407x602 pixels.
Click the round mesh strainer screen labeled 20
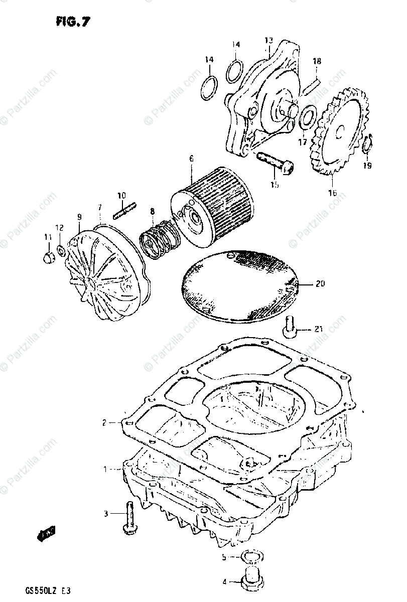coord(239,286)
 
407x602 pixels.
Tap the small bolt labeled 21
coord(290,326)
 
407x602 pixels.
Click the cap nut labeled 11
coord(48,257)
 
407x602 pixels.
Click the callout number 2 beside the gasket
coord(104,423)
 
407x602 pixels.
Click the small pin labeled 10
coord(123,211)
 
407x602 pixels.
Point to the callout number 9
coord(79,217)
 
